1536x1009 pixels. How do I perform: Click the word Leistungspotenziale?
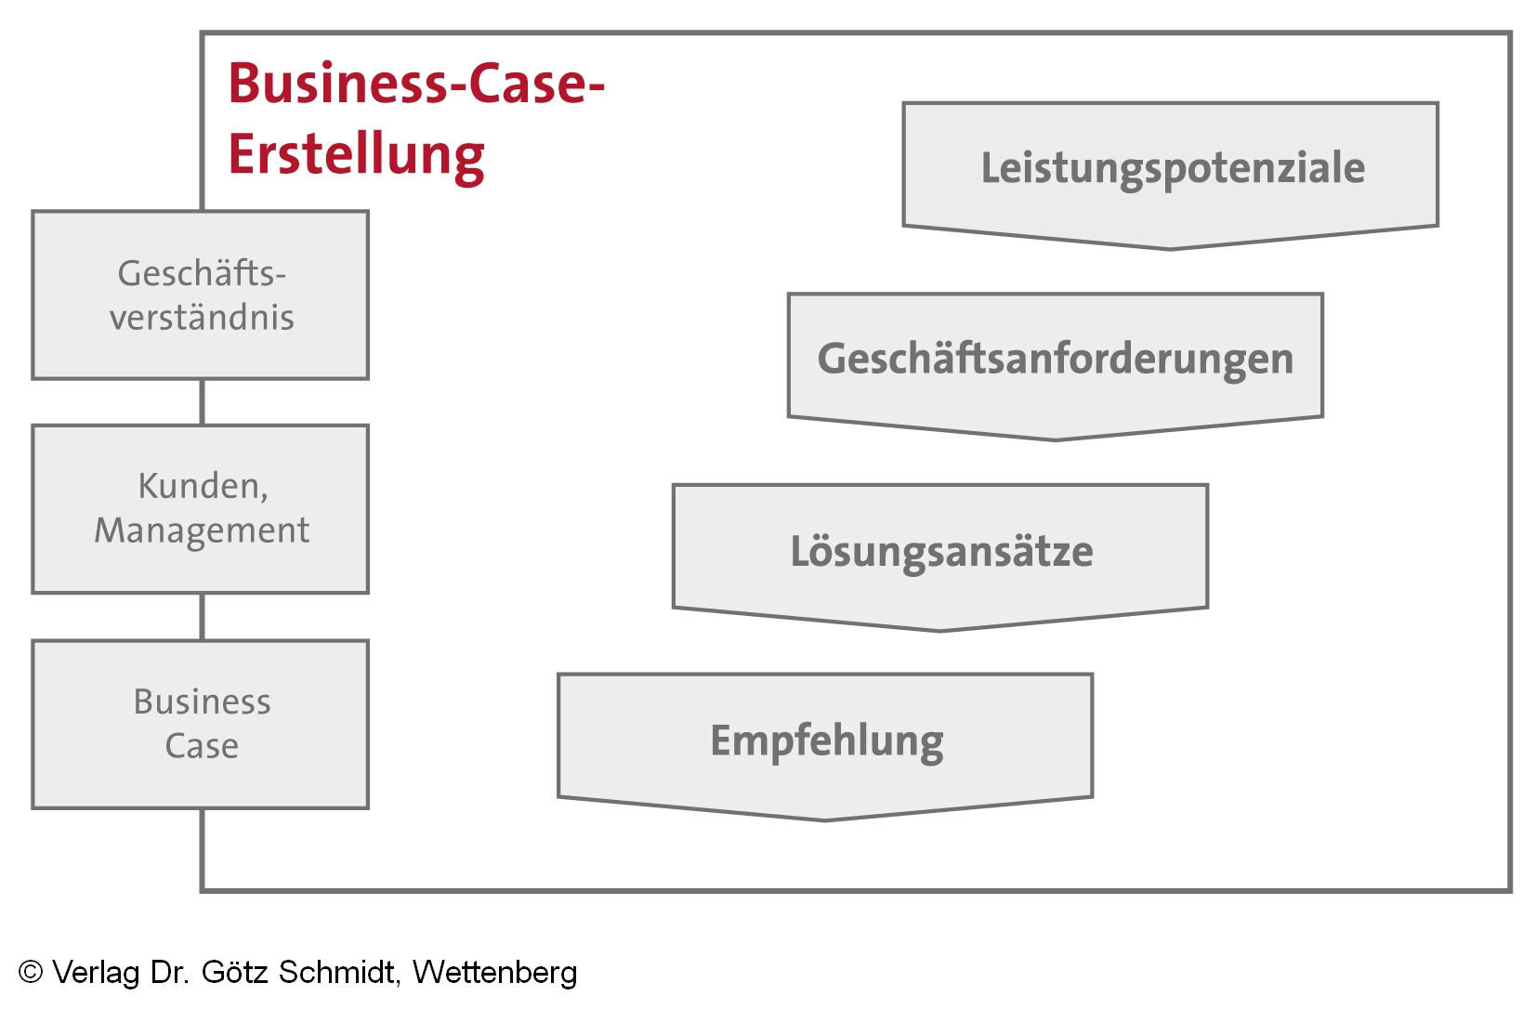click(x=1173, y=169)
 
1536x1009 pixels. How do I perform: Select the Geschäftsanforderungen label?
click(x=1055, y=360)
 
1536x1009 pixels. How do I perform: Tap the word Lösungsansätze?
click(x=941, y=552)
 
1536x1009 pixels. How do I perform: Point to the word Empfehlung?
click(x=826, y=741)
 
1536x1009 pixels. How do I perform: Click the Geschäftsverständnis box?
click(x=201, y=295)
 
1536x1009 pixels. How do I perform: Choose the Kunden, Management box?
click(x=201, y=509)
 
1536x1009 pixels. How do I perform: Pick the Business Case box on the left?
click(x=201, y=724)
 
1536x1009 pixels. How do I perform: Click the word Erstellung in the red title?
click(x=356, y=154)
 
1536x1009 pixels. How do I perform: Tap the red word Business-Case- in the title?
click(x=416, y=84)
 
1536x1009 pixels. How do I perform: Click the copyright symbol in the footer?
click(x=31, y=972)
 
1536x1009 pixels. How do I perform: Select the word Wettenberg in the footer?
click(x=494, y=972)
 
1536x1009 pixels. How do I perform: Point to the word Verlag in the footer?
click(x=96, y=973)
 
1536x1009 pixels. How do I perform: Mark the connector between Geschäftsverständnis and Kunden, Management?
click(x=203, y=402)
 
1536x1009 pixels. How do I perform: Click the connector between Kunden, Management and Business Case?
click(x=203, y=617)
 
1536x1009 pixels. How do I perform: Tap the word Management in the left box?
click(x=202, y=531)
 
